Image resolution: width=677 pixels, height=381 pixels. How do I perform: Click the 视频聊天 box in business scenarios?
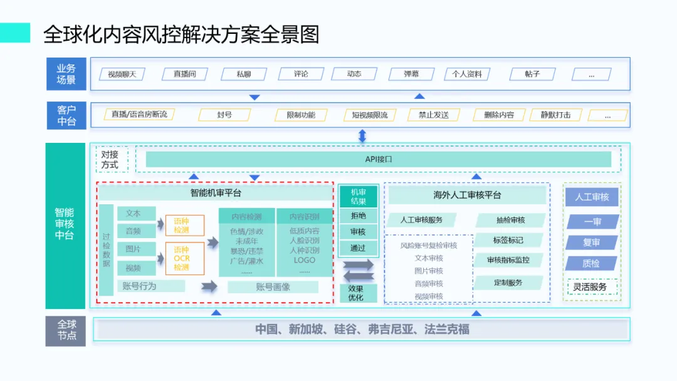tap(122, 74)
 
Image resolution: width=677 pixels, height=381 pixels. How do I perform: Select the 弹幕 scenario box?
tap(412, 74)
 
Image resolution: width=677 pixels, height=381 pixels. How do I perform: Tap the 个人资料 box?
tap(467, 74)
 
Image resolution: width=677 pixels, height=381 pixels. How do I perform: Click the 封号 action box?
tap(224, 115)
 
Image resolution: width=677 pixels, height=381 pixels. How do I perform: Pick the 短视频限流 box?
tap(365, 115)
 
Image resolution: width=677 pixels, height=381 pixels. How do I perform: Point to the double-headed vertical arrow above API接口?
tap(362, 135)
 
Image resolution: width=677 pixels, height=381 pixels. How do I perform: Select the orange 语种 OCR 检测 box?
tap(185, 258)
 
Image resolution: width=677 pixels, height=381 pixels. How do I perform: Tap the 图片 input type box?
tap(133, 249)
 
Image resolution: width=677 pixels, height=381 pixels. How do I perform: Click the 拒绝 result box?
tap(358, 216)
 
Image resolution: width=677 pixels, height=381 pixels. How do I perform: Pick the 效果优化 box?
tap(355, 293)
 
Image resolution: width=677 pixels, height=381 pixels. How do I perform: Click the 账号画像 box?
tap(273, 286)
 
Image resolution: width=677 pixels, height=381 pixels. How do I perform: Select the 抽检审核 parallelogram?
tap(510, 220)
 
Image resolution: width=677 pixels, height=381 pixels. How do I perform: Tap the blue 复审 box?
tap(592, 243)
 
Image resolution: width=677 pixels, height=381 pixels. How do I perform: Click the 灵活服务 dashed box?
tap(590, 287)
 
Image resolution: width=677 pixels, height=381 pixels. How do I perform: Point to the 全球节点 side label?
tap(66, 330)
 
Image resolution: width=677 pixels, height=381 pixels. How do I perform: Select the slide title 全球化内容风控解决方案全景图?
tap(181, 34)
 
